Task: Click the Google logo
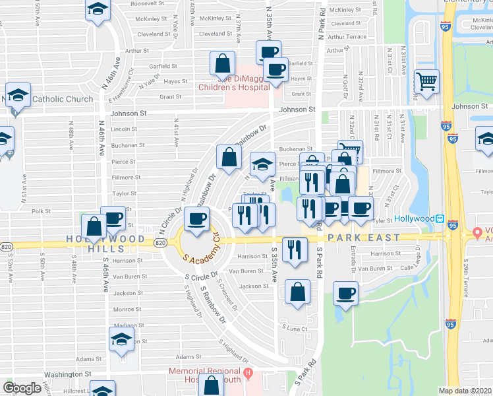22,388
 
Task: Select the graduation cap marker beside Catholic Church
18,94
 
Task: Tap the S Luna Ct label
295,328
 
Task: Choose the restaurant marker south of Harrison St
295,249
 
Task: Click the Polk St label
41,211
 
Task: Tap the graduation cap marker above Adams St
121,339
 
